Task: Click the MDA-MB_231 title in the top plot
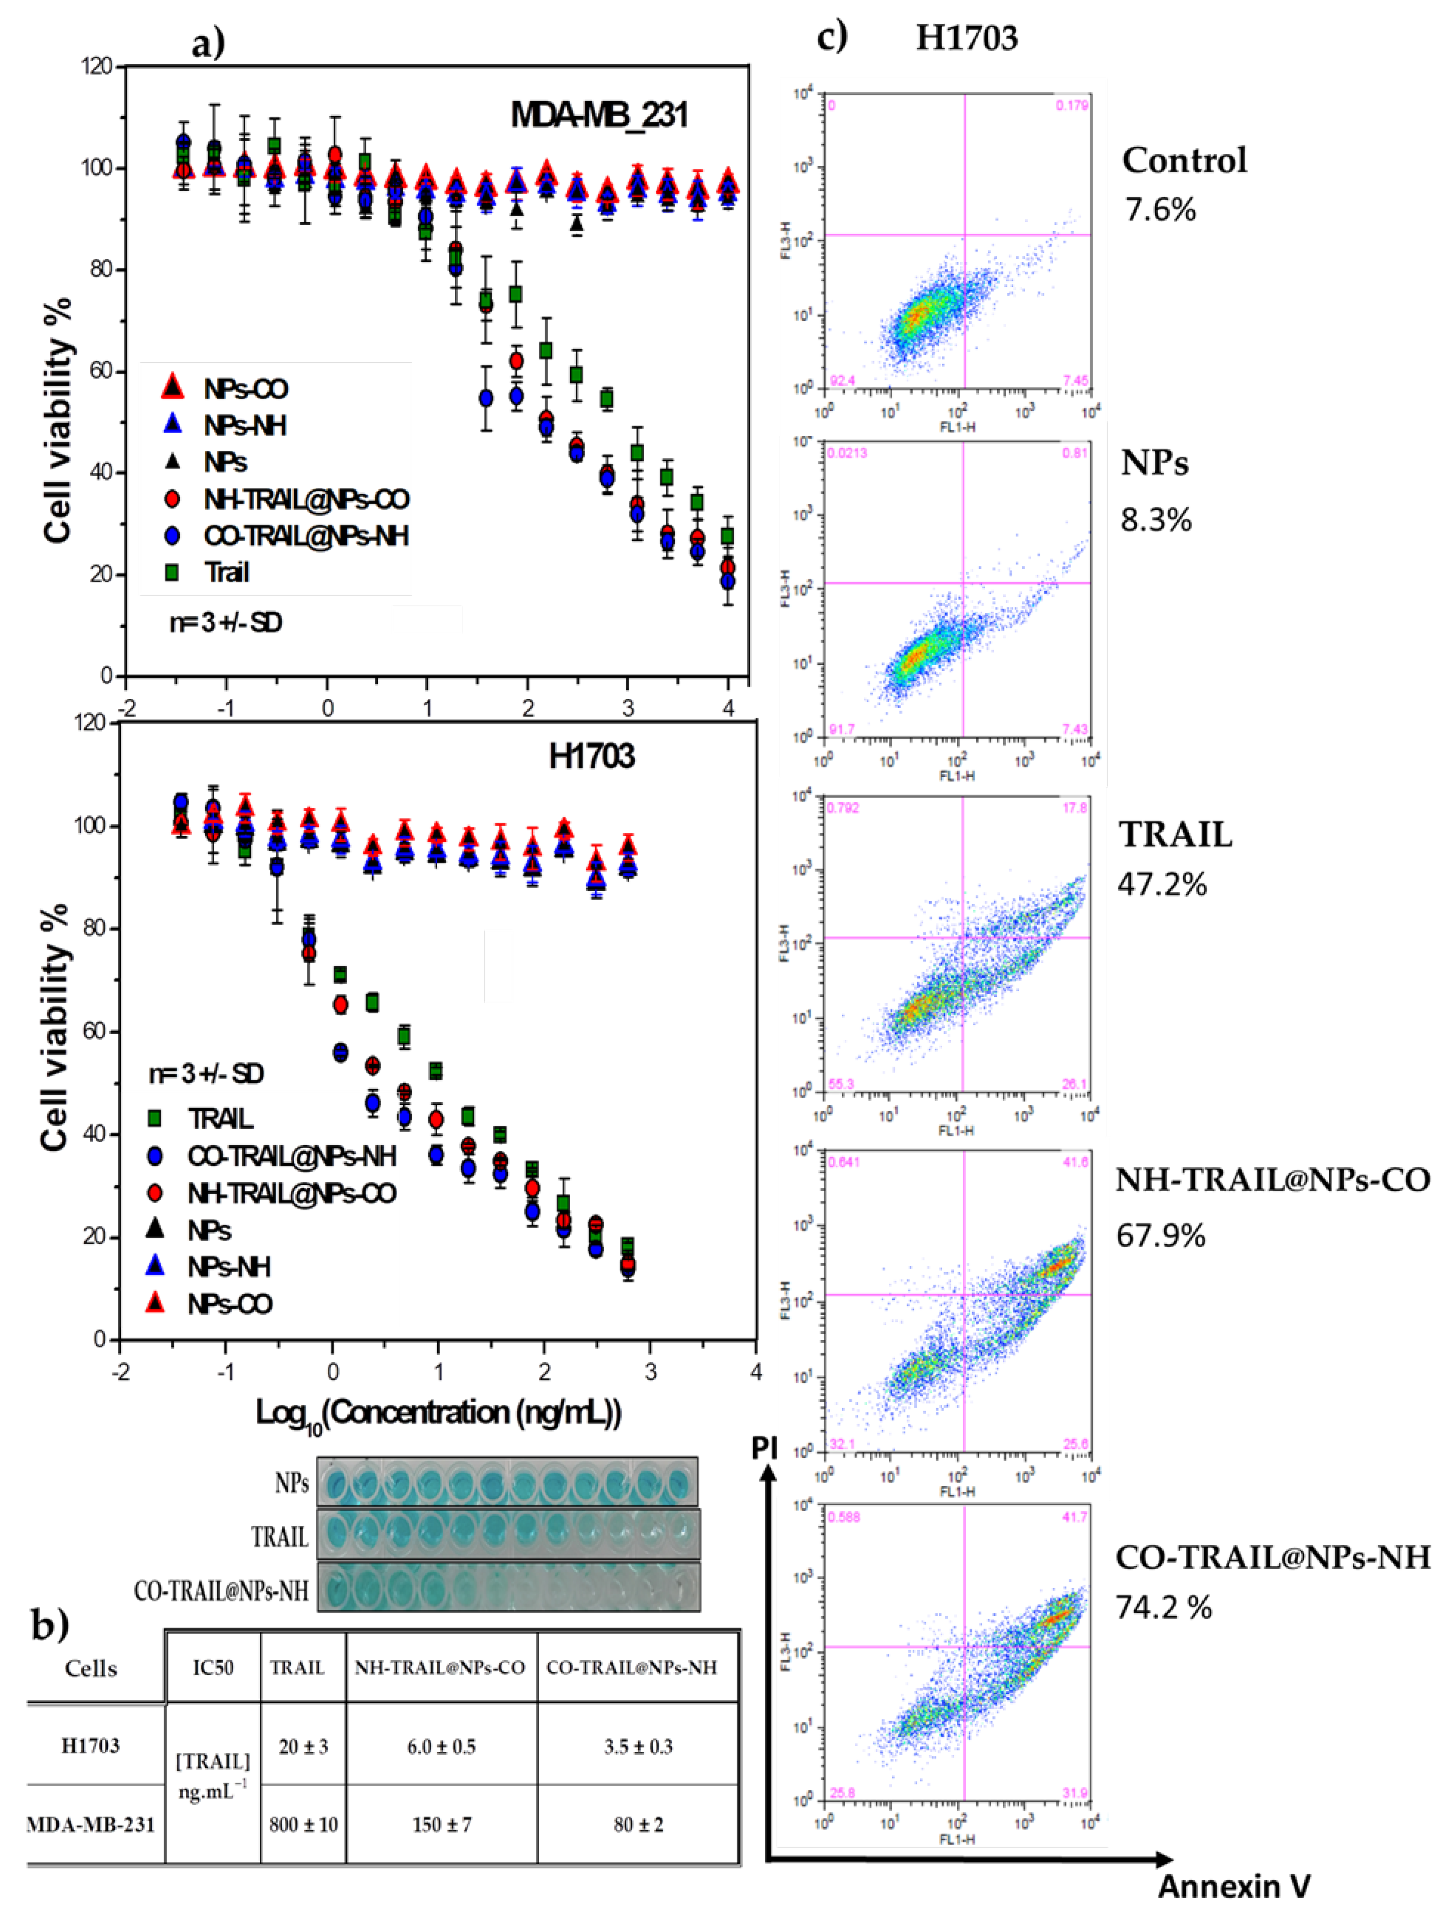click(599, 115)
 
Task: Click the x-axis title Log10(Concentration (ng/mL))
click(438, 1413)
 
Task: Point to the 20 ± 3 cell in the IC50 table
click(303, 1746)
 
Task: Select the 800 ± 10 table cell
click(303, 1825)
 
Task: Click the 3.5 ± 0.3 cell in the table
click(638, 1746)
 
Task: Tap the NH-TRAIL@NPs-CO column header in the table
click(440, 1668)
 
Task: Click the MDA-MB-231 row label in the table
click(90, 1825)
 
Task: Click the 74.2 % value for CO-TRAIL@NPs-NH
click(1163, 1607)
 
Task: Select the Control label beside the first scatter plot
click(1184, 160)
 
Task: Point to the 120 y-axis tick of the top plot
click(97, 66)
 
